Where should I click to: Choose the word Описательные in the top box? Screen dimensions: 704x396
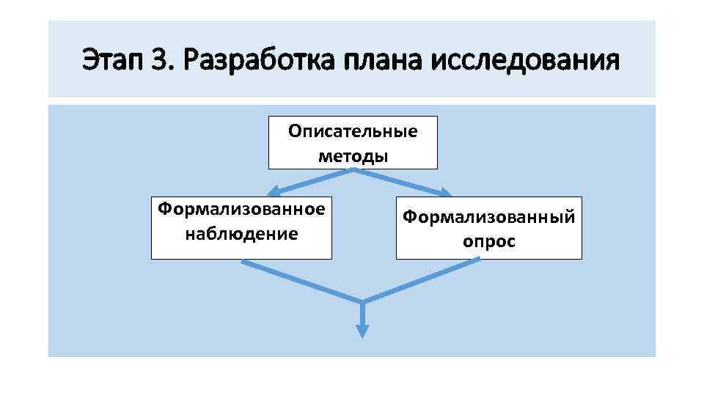pos(353,131)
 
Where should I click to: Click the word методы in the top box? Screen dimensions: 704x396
pos(353,155)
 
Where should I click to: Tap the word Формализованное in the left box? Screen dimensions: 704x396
pos(241,210)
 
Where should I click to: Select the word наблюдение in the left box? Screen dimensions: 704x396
pos(241,234)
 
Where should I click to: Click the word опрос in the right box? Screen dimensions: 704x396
pos(488,241)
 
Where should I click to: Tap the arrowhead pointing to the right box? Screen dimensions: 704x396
pos(444,192)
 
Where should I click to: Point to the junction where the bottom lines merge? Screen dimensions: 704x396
pos(362,301)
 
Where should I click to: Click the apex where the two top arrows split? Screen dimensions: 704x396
pos(354,171)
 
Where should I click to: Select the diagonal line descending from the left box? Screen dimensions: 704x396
pos(301,282)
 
